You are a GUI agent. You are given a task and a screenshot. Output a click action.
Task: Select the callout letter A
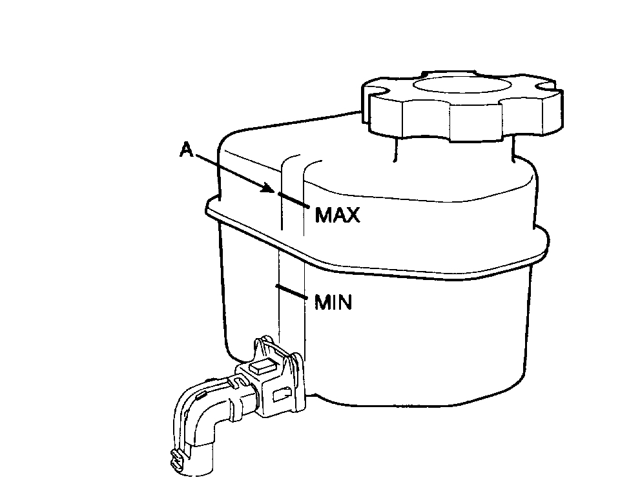point(187,150)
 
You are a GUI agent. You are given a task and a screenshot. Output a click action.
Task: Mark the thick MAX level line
point(294,199)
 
